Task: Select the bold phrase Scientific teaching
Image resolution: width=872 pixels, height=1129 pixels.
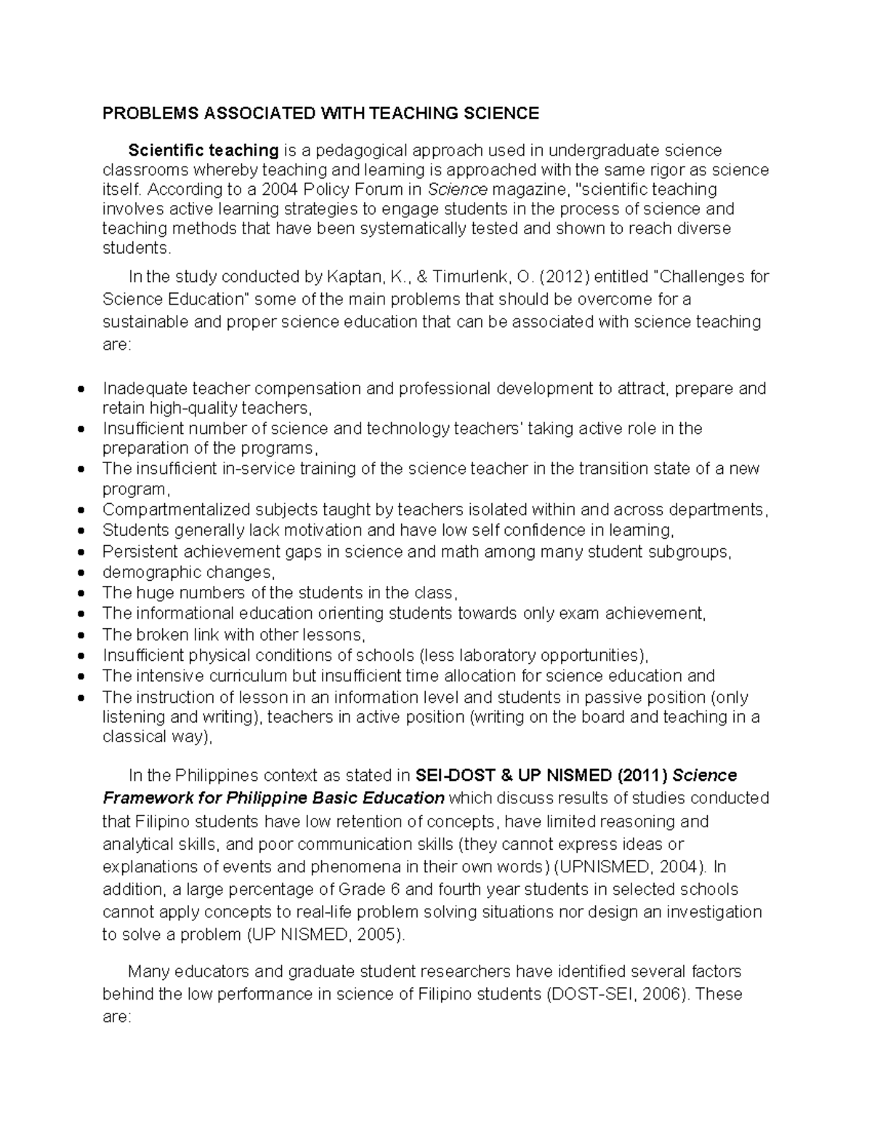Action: (203, 150)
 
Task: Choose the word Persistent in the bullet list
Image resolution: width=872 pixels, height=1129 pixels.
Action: (137, 552)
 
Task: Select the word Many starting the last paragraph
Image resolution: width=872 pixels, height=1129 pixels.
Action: (149, 971)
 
